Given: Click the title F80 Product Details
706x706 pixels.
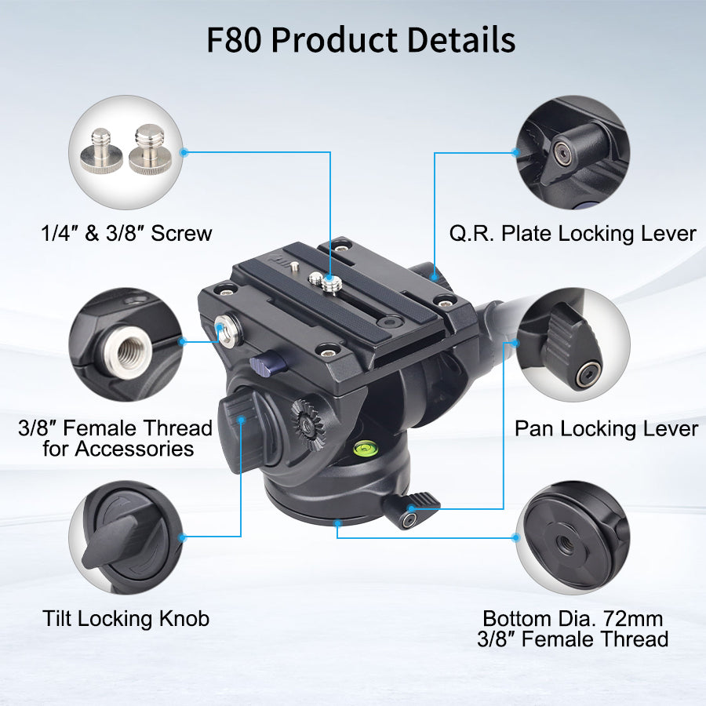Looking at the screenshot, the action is point(361,40).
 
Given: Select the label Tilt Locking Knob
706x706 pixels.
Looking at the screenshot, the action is point(126,619).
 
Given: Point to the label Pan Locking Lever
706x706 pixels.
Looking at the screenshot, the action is point(606,428).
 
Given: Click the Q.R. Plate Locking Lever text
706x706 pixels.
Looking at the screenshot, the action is point(573,234).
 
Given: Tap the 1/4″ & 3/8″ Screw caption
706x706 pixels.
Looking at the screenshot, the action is point(126,233).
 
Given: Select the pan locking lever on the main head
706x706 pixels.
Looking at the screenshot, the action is point(411,509).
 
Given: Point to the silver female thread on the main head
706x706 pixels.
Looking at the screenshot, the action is point(229,330).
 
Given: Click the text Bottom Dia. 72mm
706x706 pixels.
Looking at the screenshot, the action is point(573,619).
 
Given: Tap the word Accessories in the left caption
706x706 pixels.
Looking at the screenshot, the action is point(135,449).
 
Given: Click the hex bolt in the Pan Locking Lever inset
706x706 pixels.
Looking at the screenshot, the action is point(588,374).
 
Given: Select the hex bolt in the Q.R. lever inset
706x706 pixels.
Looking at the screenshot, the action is point(562,154).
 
